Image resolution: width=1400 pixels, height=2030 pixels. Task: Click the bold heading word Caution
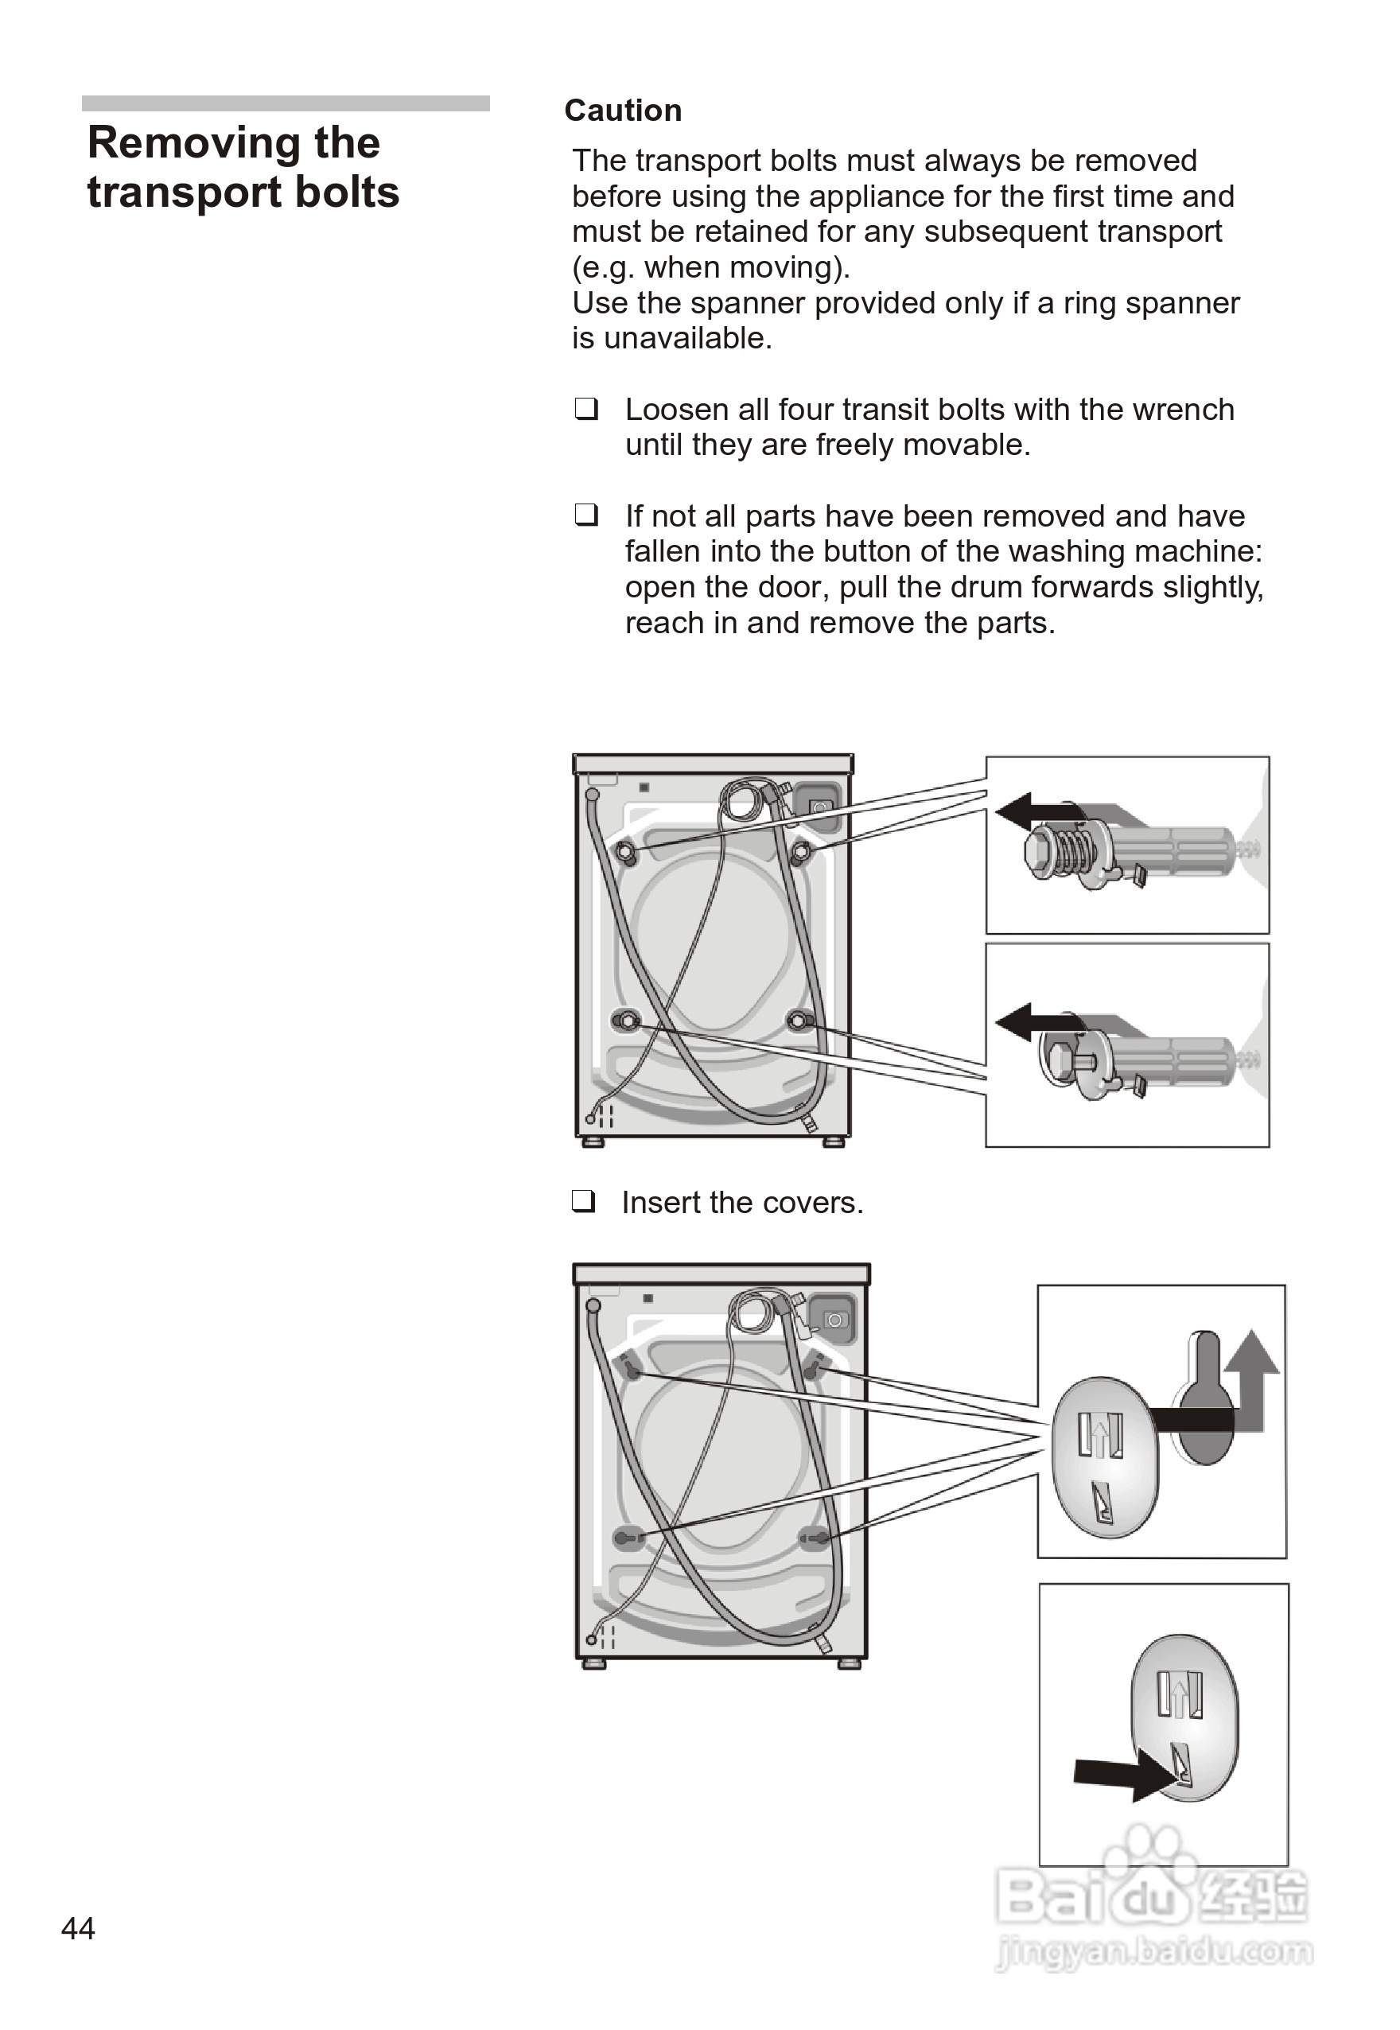(x=623, y=111)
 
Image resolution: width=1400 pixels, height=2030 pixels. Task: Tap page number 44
(x=78, y=1928)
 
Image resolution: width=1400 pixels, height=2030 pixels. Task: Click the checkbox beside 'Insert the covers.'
(x=583, y=1200)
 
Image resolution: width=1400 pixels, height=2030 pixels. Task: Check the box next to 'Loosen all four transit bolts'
(x=586, y=408)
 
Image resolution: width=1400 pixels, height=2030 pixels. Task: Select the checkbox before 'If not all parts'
(x=586, y=514)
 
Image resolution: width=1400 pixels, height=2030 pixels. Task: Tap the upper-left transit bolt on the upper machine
(x=625, y=852)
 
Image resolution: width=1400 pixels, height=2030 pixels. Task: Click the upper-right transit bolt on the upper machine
(x=801, y=852)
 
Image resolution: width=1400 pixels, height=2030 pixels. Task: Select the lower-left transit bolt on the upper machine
(x=625, y=1021)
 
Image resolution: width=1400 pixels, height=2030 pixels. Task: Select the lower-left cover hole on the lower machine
(x=626, y=1538)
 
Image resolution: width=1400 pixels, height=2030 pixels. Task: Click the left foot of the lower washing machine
(x=594, y=1663)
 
